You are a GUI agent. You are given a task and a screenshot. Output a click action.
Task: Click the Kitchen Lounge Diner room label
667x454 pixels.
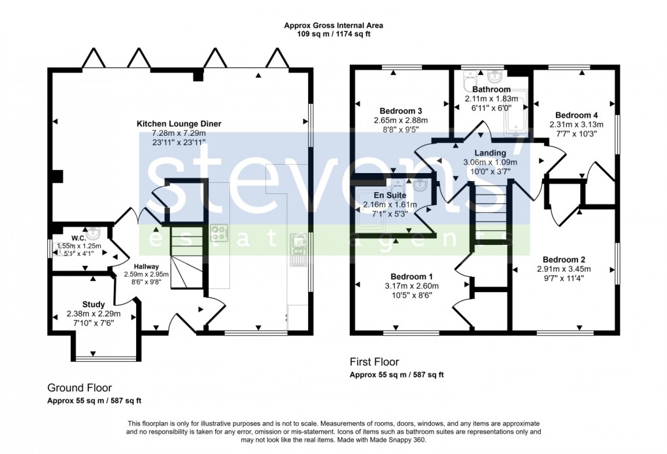click(179, 123)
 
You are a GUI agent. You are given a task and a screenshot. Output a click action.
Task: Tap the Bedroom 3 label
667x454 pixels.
click(400, 110)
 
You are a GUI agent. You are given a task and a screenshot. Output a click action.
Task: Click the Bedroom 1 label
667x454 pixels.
click(411, 276)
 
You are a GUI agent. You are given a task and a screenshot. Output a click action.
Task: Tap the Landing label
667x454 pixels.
click(490, 153)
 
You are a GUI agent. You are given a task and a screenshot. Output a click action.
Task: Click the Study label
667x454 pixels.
click(94, 304)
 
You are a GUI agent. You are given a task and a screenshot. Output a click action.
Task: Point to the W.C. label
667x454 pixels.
click(78, 237)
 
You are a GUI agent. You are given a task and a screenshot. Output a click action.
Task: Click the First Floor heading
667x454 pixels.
click(374, 361)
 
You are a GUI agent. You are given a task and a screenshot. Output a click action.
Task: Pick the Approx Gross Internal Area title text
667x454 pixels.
click(333, 25)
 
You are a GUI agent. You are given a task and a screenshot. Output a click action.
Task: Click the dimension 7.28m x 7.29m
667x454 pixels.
click(179, 133)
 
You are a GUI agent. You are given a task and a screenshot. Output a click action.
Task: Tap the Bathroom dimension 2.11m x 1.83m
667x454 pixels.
click(491, 99)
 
